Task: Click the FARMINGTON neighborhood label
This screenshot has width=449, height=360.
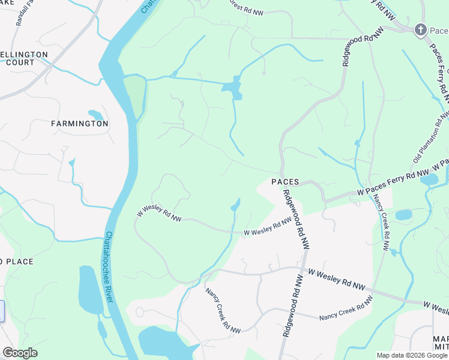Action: click(80, 124)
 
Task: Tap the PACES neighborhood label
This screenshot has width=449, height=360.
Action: click(285, 181)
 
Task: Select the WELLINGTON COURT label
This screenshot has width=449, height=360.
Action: click(24, 58)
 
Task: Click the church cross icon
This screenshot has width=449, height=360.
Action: click(421, 29)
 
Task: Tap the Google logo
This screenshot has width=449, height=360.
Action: click(20, 353)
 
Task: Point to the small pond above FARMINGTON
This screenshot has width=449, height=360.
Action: click(95, 115)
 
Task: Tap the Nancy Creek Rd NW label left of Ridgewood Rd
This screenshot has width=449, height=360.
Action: click(223, 310)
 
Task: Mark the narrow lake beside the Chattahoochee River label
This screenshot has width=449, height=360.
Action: click(89, 289)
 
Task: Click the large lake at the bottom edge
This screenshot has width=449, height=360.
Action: click(162, 344)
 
